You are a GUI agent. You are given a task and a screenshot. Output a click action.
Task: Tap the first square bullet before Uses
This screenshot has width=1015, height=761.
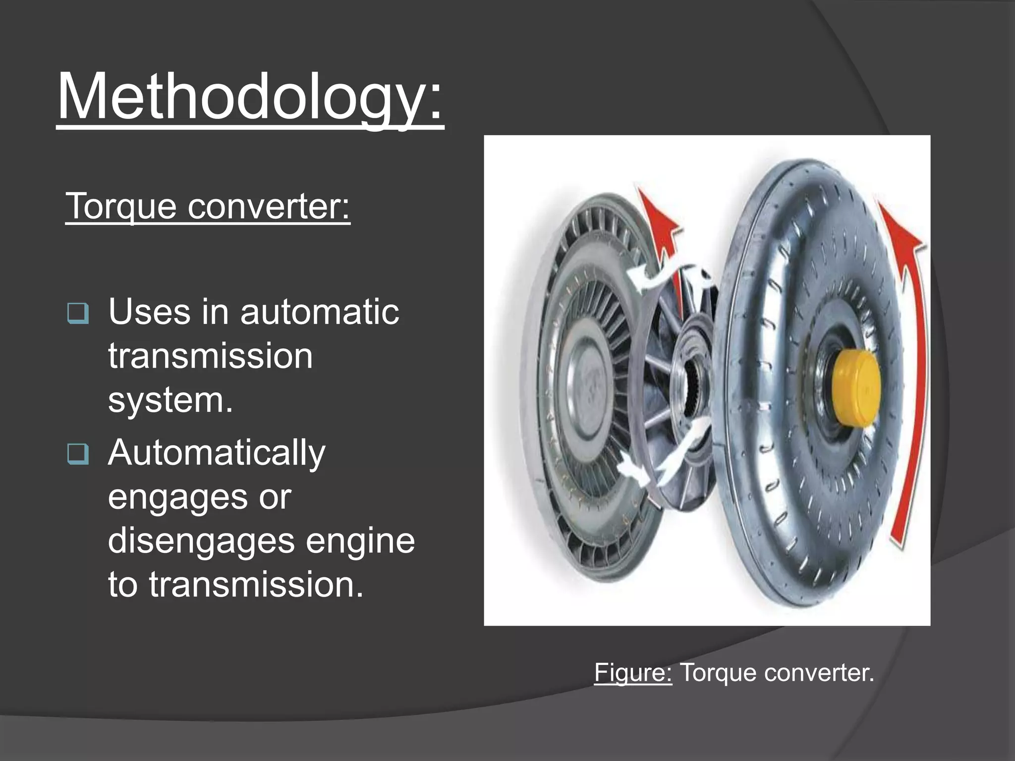click(78, 313)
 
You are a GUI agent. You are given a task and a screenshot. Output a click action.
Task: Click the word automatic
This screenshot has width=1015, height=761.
click(320, 312)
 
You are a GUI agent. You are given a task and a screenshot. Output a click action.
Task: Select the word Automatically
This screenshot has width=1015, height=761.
click(217, 453)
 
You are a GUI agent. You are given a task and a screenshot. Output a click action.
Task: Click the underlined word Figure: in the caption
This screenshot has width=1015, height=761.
click(633, 673)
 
